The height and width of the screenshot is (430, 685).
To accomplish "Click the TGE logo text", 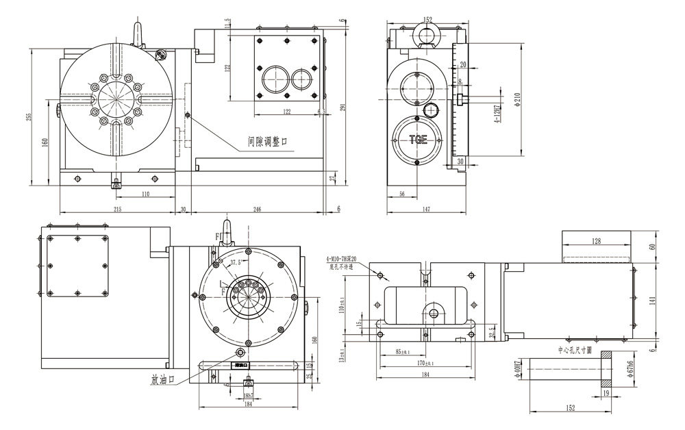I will [418, 140].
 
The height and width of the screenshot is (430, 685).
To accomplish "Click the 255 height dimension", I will [29, 116].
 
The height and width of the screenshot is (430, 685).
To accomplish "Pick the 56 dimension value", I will [402, 194].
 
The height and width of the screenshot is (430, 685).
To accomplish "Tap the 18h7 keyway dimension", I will [247, 396].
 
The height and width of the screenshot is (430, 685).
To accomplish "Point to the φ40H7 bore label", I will [519, 375].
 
